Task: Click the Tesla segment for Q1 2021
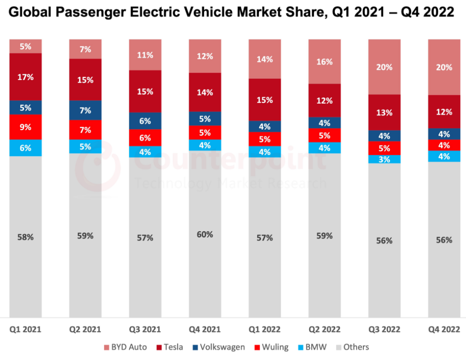point(26,77)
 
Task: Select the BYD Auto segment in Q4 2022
point(444,67)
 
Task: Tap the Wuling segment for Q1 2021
point(26,127)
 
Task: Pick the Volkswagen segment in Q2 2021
point(85,110)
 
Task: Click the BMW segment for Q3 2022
point(384,159)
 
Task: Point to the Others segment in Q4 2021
point(205,234)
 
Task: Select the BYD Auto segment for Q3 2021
point(145,55)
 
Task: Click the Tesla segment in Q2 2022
point(324,101)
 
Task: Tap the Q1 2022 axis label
point(264,330)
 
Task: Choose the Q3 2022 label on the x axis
point(384,330)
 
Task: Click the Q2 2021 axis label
point(85,330)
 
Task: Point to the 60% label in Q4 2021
point(205,234)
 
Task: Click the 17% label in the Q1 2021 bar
point(26,77)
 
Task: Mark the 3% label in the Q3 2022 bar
point(384,159)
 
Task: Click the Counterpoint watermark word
point(229,161)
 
